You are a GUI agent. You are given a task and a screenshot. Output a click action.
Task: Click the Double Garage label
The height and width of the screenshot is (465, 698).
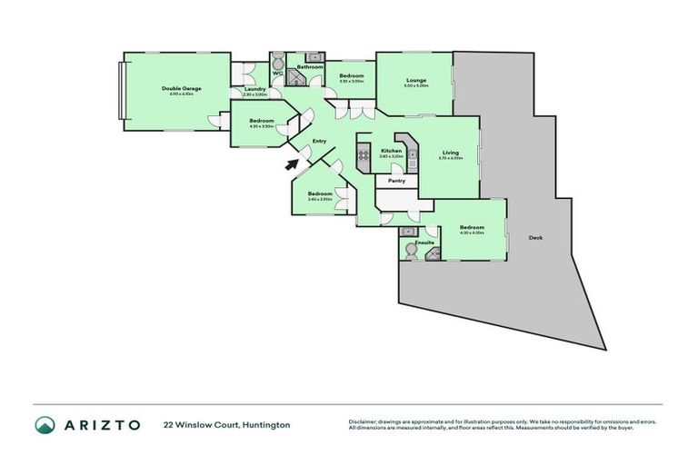tap(182, 88)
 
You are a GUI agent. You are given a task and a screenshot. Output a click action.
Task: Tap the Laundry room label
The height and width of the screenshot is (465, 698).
tap(254, 88)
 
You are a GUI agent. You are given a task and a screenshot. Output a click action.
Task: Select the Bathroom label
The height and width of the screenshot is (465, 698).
tap(311, 67)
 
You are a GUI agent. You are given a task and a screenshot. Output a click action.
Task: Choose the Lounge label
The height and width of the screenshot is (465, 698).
tap(416, 80)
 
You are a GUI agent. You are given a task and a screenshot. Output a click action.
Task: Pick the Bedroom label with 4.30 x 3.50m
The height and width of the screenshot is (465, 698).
tap(262, 121)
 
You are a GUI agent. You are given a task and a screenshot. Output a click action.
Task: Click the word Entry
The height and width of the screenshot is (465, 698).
tap(319, 141)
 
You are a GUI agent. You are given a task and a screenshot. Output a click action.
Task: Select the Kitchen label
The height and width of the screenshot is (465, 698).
tap(391, 150)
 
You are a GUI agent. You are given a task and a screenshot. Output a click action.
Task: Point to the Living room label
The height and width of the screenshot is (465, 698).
tap(451, 152)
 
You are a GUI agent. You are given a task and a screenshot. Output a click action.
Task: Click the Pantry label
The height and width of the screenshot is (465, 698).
tap(396, 181)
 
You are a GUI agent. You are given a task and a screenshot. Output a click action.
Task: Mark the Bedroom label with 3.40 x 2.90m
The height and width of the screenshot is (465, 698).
tap(319, 193)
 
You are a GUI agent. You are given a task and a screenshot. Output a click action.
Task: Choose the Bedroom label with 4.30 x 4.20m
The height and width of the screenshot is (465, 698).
tap(472, 227)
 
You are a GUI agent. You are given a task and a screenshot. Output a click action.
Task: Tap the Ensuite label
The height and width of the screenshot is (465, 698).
tap(424, 243)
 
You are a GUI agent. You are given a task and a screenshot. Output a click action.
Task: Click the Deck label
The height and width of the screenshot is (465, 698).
tap(535, 238)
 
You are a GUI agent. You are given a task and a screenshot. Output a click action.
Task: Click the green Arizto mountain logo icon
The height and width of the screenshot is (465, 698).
tap(45, 424)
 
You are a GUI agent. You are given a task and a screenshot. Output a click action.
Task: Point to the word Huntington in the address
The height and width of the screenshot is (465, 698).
tap(265, 424)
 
